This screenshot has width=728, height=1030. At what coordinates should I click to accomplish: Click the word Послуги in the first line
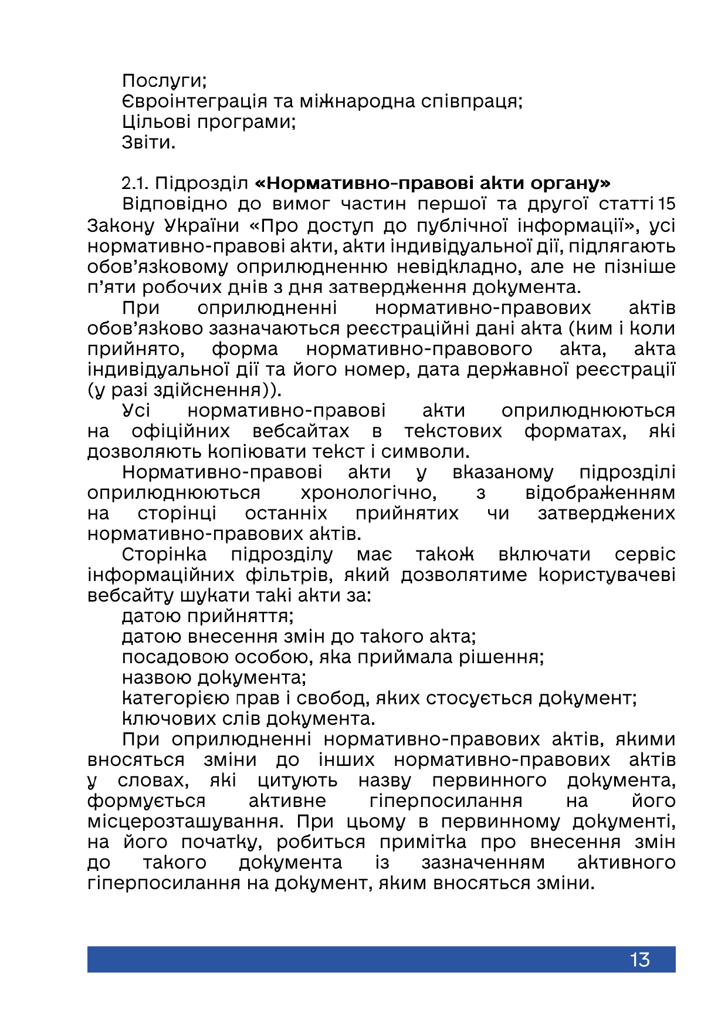coord(164,80)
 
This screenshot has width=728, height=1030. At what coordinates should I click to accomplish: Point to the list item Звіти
coord(148,143)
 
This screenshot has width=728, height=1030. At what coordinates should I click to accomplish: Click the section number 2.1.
coord(134,184)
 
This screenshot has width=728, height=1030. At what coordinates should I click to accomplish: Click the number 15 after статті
coord(666,204)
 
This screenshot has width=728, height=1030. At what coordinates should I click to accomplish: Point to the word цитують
coord(297,781)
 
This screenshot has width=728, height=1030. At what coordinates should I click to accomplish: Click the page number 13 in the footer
coord(639,960)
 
